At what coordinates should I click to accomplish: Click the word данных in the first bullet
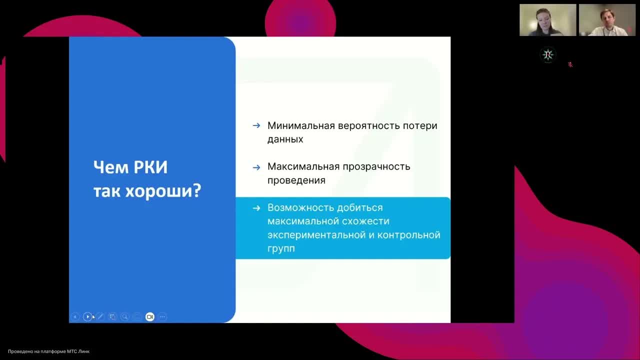pyautogui.click(x=285, y=139)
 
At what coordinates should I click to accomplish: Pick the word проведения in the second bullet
pyautogui.click(x=296, y=180)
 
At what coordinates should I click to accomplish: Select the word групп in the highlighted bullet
pyautogui.click(x=281, y=248)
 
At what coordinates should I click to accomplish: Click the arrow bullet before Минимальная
pyautogui.click(x=256, y=125)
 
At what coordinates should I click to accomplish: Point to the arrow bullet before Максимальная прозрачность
pyautogui.click(x=256, y=167)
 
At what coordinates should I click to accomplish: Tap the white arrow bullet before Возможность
pyautogui.click(x=256, y=208)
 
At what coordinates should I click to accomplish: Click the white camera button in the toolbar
pyautogui.click(x=149, y=316)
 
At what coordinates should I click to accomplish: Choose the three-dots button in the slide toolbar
pyautogui.click(x=162, y=316)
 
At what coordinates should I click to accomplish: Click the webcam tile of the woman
pyautogui.click(x=547, y=20)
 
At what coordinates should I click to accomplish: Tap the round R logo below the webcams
pyautogui.click(x=548, y=54)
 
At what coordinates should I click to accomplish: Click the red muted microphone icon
pyautogui.click(x=570, y=64)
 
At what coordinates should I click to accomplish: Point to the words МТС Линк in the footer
pyautogui.click(x=79, y=351)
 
